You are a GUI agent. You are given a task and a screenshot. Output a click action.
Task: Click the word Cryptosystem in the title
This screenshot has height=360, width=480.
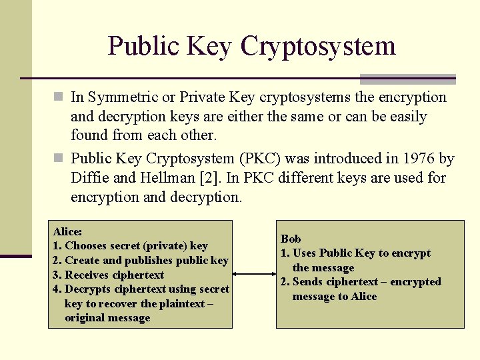(x=318, y=47)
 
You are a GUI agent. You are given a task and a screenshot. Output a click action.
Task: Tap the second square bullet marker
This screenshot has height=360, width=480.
(x=59, y=159)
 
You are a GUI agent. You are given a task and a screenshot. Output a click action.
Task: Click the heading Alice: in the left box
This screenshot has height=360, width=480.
(x=67, y=231)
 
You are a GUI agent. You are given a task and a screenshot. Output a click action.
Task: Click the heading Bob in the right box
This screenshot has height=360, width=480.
(x=291, y=239)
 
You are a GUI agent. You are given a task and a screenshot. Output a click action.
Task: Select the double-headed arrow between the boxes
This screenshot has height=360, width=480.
(x=254, y=274)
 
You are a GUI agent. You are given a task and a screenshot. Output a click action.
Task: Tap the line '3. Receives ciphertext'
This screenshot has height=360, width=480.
(x=108, y=275)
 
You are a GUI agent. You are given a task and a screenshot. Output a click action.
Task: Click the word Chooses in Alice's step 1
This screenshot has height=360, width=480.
(x=87, y=245)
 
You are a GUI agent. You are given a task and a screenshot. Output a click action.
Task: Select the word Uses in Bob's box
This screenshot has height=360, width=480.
(x=305, y=253)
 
